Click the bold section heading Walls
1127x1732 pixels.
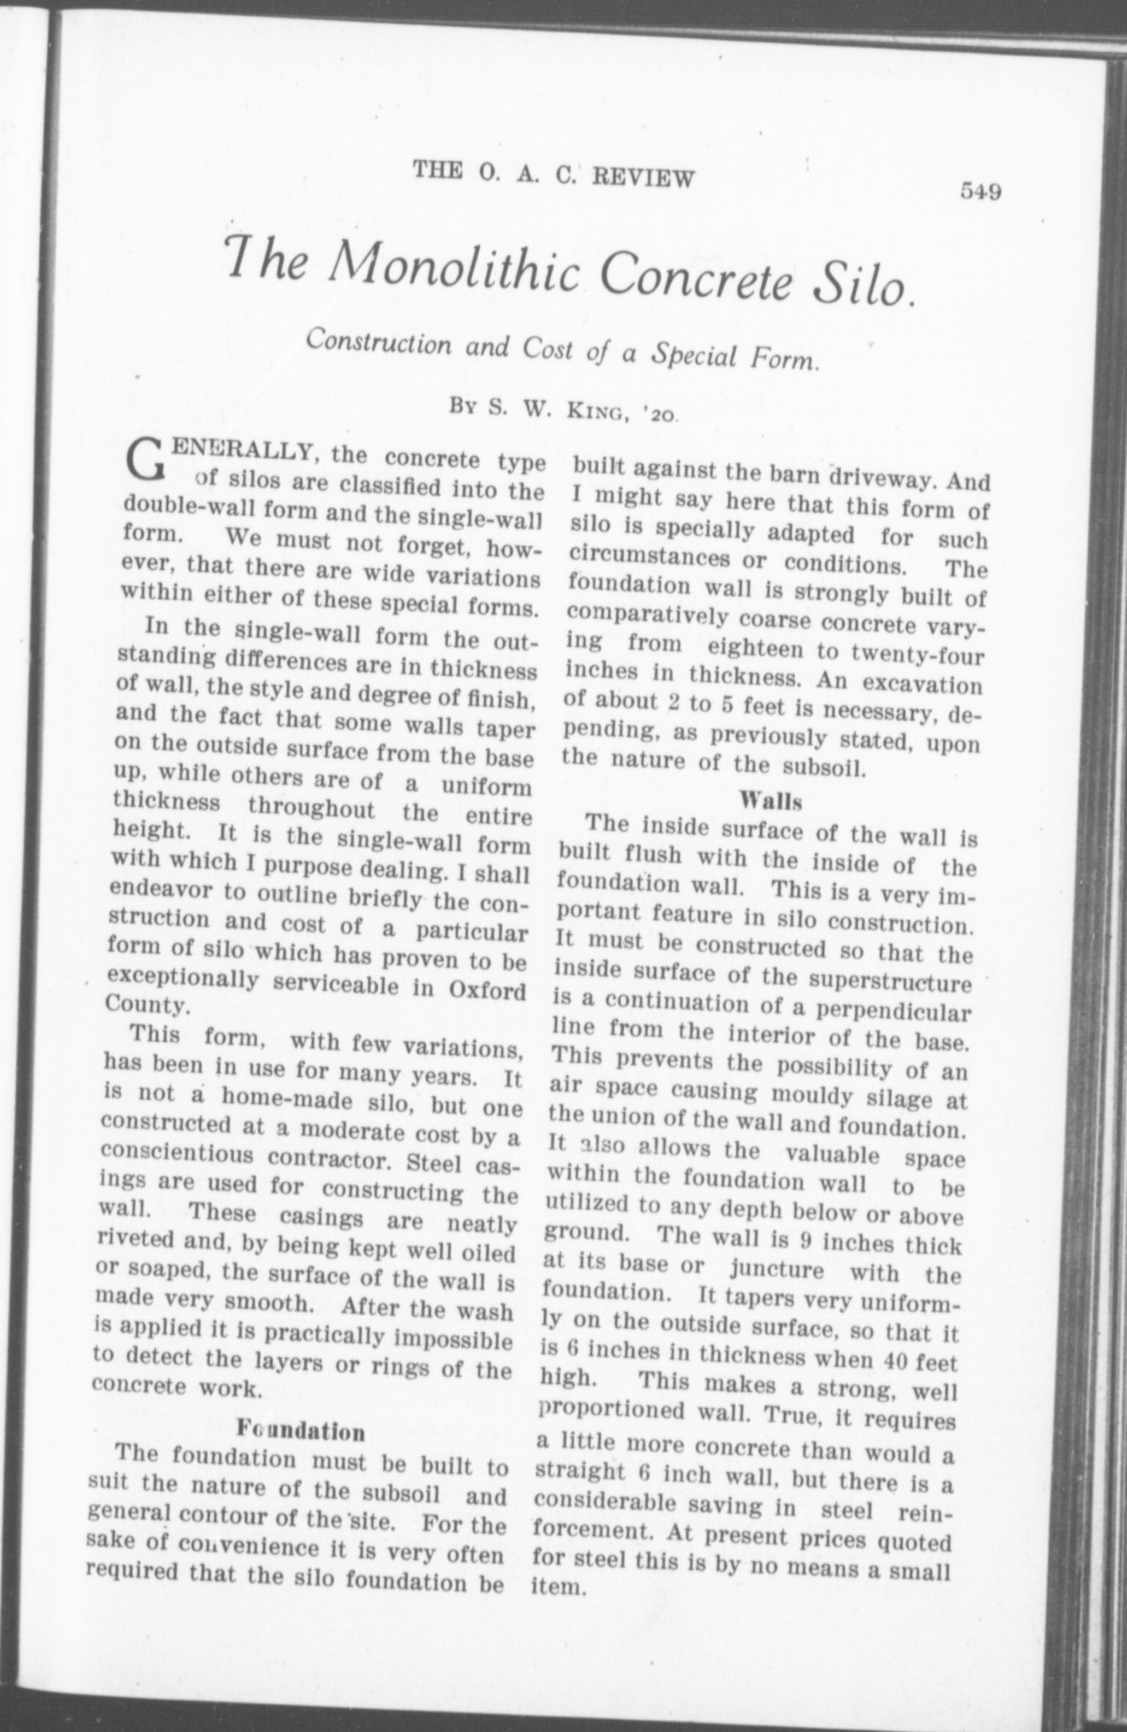coord(770,798)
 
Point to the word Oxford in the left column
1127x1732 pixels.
coord(487,992)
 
